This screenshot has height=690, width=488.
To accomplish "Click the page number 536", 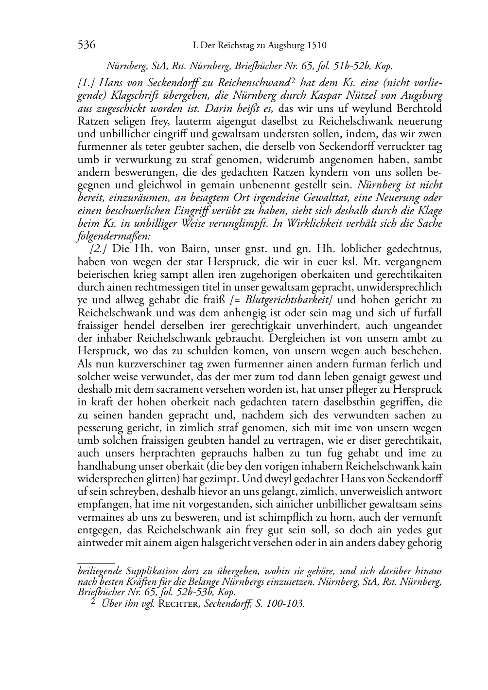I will pyautogui.click(x=86, y=46).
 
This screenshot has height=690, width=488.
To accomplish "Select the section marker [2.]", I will pyautogui.click(x=99, y=249).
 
